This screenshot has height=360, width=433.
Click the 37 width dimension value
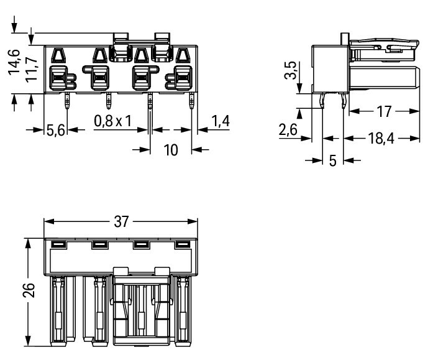coord(121,221)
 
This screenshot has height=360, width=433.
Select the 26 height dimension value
coord(29,290)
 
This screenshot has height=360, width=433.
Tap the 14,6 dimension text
coord(14,62)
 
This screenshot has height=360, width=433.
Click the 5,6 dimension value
coord(55,130)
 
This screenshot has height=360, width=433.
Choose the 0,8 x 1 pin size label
coord(112,121)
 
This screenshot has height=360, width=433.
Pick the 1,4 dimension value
coord(221,121)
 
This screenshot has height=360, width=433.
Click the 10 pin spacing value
coord(171,150)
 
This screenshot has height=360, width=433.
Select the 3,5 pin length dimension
coord(290,70)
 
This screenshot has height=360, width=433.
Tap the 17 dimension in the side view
coord(384,111)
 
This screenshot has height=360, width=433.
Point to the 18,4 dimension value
coord(381,138)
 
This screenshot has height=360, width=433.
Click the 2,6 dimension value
coord(288,130)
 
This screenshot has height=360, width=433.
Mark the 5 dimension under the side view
coord(333,160)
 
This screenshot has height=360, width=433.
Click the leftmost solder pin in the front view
coord(67,101)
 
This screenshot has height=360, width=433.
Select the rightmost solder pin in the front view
coord(191,101)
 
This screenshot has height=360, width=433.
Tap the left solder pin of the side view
coord(322,101)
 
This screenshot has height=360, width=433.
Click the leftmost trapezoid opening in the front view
coord(58,55)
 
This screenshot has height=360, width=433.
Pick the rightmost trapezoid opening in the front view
coord(183,55)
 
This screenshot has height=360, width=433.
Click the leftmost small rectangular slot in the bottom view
coord(58,244)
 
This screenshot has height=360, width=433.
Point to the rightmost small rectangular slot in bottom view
coord(183,244)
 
